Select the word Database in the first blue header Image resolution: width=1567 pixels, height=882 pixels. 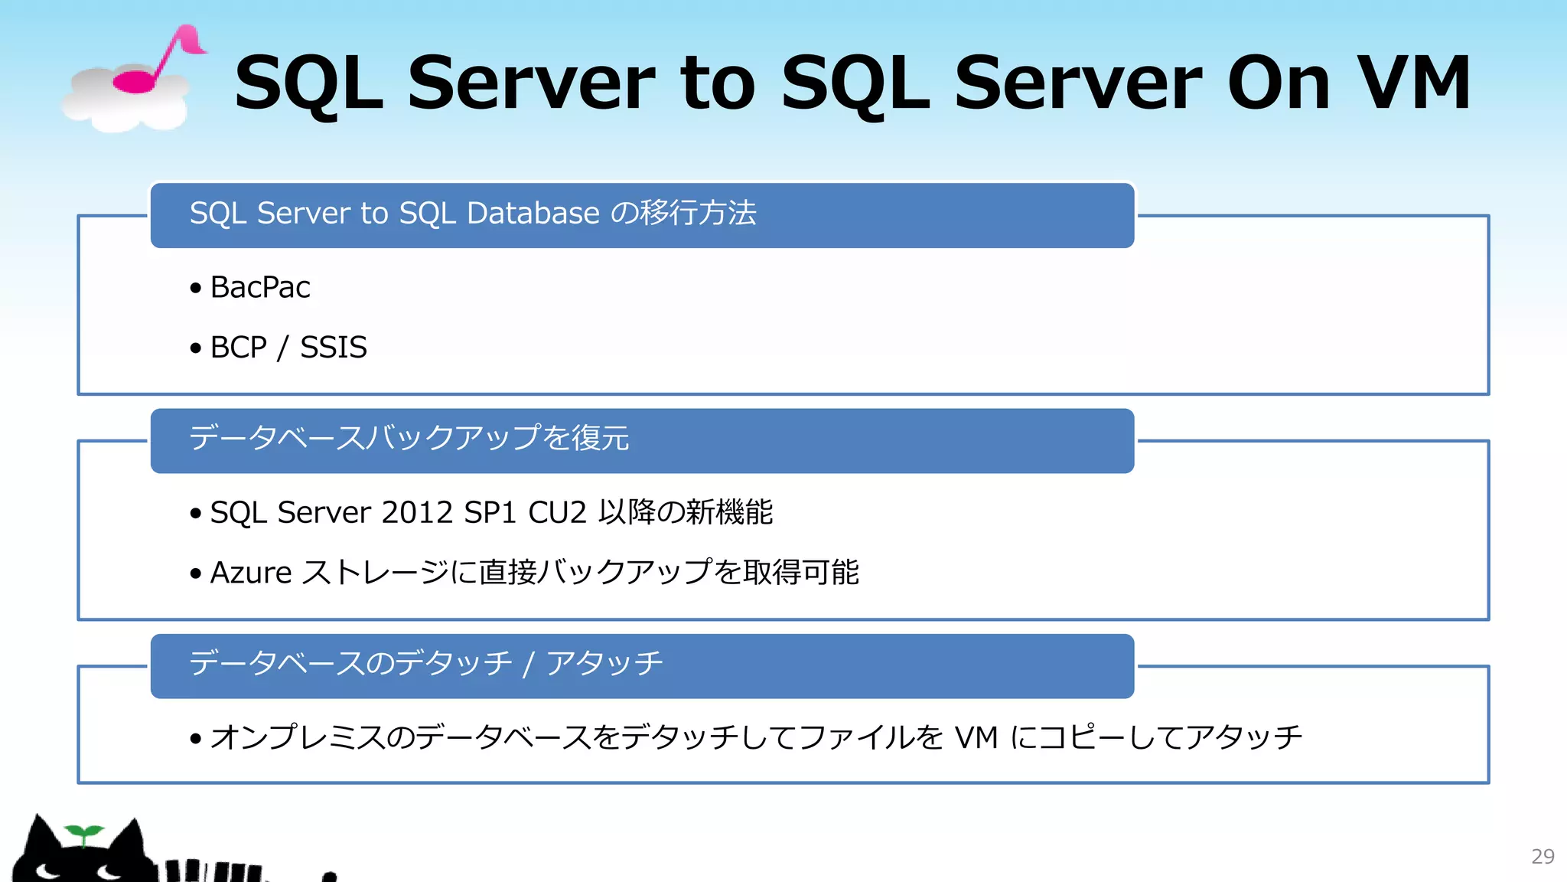click(x=533, y=213)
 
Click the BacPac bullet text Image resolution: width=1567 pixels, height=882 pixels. click(x=260, y=288)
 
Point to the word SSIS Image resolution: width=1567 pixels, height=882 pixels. click(x=334, y=348)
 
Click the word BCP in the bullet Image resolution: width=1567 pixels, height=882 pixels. click(x=238, y=348)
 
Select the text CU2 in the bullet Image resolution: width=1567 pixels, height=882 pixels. click(x=557, y=512)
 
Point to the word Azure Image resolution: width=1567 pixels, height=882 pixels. click(x=251, y=573)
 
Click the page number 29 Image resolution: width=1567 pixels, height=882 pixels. click(x=1543, y=856)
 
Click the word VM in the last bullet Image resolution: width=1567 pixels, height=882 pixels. click(x=976, y=737)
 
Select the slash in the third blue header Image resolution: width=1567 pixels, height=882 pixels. click(x=528, y=664)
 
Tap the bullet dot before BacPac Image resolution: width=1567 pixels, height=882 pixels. click(x=196, y=289)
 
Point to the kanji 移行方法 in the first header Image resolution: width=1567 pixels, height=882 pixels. click(x=699, y=213)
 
